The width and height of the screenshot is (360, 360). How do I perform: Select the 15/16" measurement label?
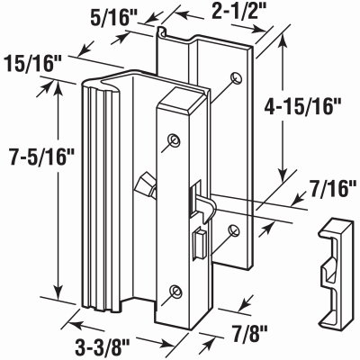33,64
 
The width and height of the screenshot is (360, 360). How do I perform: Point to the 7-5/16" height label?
41,157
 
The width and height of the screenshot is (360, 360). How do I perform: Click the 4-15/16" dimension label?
302,107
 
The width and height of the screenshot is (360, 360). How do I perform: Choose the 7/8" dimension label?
249,331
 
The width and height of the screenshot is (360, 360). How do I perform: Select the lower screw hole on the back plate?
235,230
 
